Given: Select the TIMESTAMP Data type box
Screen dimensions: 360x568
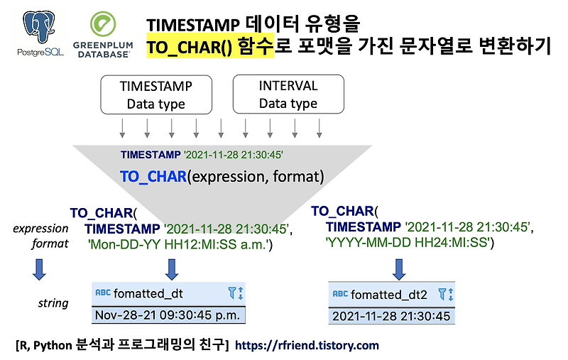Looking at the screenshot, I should (155, 94).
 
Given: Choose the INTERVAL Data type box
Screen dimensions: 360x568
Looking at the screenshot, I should (288, 94).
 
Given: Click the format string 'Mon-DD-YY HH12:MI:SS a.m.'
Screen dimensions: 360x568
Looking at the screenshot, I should (180, 244).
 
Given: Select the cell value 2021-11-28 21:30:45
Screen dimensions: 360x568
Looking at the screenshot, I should (390, 316).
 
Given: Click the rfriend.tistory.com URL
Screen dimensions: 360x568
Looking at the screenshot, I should (307, 346).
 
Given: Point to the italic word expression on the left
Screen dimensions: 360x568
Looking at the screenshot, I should (40, 229).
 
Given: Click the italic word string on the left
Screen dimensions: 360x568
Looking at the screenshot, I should (53, 303).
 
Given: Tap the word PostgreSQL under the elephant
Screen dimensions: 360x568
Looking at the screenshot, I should (39, 53).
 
